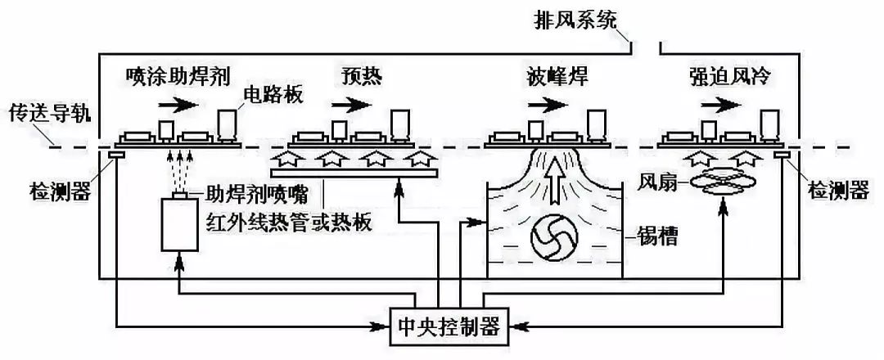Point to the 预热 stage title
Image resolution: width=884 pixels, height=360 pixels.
click(361, 77)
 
